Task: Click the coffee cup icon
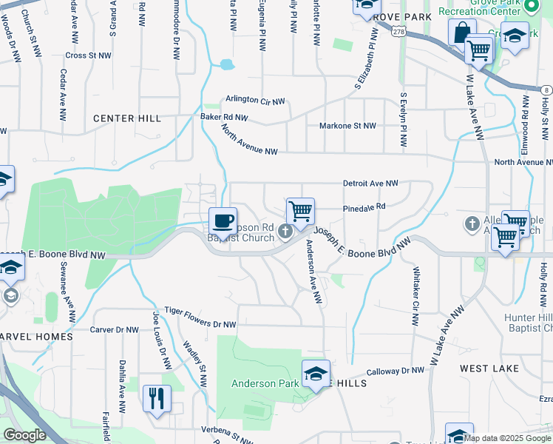point(223,220)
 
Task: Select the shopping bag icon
point(461,33)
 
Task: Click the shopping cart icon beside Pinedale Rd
point(300,211)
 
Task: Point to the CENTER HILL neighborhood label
point(127,118)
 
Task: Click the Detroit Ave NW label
point(370,183)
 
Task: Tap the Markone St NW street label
point(347,126)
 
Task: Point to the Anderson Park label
point(264,383)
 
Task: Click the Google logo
point(24,435)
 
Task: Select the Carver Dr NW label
point(114,330)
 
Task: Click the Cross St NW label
point(88,55)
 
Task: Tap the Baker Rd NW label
point(224,117)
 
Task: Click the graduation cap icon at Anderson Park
point(316,374)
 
